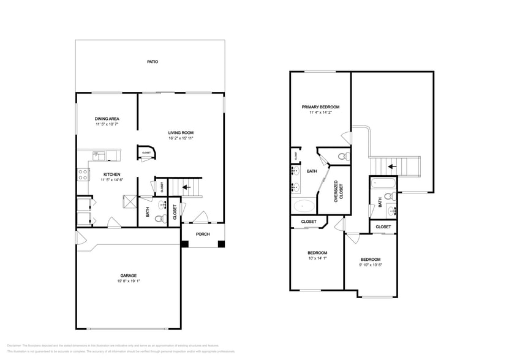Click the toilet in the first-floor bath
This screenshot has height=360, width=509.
(x=159, y=219)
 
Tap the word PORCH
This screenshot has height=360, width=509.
(x=203, y=234)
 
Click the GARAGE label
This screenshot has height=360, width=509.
(x=128, y=276)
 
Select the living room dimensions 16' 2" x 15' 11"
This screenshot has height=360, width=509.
(x=181, y=138)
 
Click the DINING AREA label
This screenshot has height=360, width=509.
(x=107, y=118)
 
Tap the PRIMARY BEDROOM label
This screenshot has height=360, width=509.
(x=320, y=107)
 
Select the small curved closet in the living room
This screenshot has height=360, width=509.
(x=146, y=153)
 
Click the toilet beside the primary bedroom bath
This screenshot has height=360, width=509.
(x=343, y=156)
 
